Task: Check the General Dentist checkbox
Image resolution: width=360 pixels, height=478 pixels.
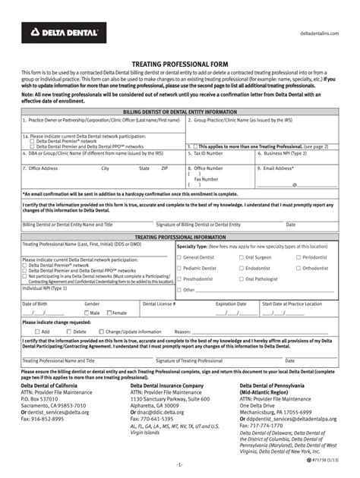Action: click(179, 257)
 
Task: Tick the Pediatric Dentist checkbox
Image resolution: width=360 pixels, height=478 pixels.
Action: click(179, 268)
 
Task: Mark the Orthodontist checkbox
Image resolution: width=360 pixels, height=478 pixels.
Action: click(298, 268)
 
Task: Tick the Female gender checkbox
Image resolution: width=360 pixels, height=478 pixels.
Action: click(109, 313)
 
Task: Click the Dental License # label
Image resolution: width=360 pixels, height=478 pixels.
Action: click(159, 303)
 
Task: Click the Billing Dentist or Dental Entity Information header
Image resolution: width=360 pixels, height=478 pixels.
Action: click(179, 112)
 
